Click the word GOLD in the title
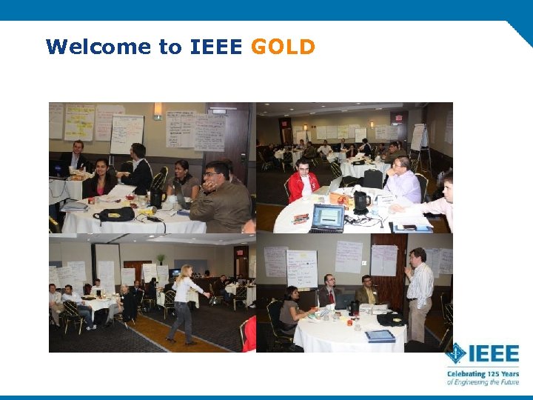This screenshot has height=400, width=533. [x=283, y=47]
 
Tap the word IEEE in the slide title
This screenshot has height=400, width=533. [x=215, y=47]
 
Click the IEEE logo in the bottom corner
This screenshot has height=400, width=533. [x=481, y=353]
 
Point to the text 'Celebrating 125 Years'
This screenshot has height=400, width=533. [x=482, y=374]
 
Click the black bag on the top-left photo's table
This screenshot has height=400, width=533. [x=115, y=215]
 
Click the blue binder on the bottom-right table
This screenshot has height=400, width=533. [x=379, y=336]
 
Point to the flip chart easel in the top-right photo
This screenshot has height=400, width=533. [x=419, y=144]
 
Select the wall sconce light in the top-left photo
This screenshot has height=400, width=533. [x=157, y=110]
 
